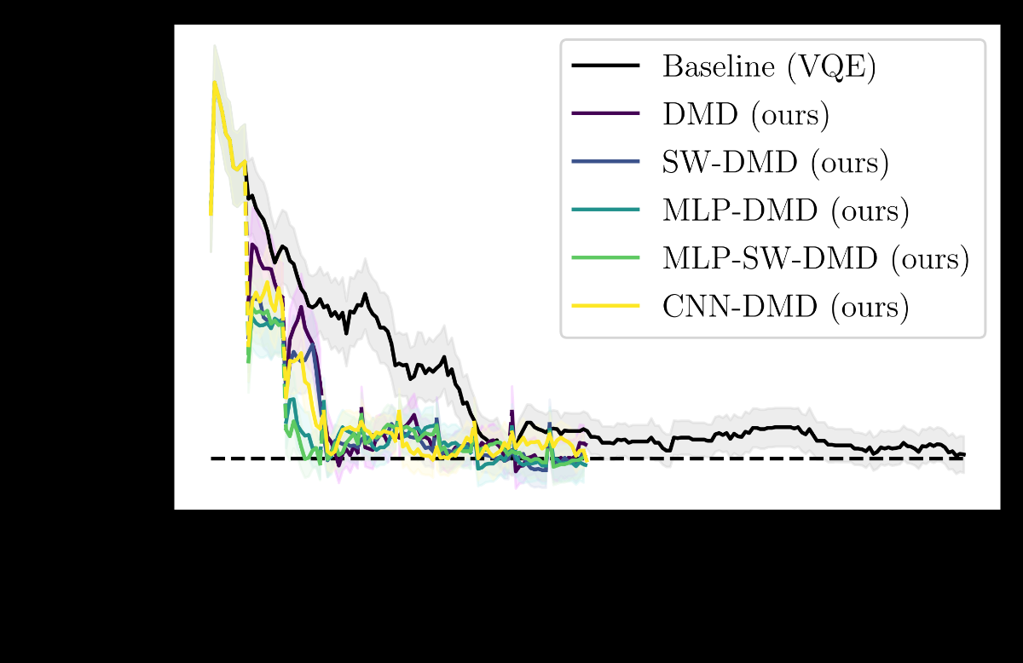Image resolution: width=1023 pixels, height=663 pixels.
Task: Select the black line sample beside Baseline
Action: click(606, 66)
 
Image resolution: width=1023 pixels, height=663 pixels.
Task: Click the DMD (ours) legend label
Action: click(746, 114)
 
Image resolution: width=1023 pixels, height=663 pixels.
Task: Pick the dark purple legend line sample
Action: click(606, 113)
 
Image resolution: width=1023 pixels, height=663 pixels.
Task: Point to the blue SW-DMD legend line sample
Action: click(606, 161)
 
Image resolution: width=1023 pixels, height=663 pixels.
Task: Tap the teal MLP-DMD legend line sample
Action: click(606, 209)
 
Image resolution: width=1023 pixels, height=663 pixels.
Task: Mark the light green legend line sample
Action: click(606, 257)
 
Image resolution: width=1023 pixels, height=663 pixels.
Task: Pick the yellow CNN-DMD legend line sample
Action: click(606, 304)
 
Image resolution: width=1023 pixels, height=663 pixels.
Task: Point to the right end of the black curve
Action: click(964, 455)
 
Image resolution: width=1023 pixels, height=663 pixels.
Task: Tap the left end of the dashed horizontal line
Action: click(212, 458)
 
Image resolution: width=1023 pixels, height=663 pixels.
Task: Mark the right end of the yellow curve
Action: click(587, 460)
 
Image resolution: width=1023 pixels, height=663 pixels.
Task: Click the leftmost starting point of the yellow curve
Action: click(211, 213)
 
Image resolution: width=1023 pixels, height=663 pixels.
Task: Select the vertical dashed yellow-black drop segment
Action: click(247, 256)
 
